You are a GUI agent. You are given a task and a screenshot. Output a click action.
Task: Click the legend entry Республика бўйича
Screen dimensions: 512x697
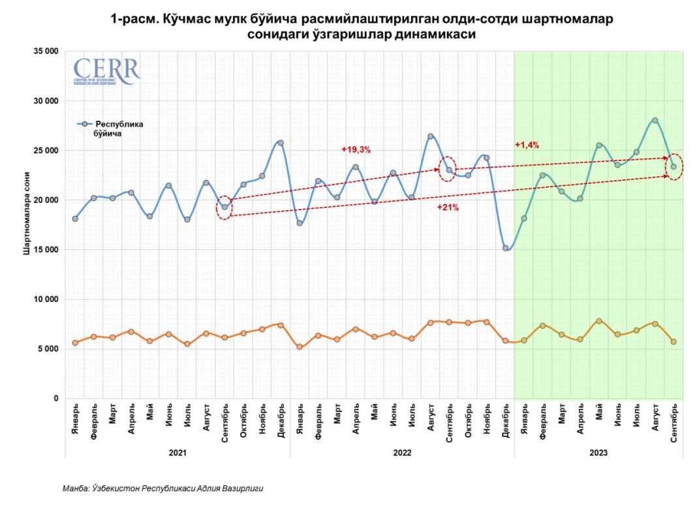[119, 128]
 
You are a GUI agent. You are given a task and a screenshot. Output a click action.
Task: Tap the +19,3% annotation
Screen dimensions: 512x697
[356, 149]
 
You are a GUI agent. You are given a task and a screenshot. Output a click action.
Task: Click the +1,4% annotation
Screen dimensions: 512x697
[527, 145]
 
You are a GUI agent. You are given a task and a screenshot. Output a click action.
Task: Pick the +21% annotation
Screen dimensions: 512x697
[448, 207]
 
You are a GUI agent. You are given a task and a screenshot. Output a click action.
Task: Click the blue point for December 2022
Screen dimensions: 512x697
[506, 248]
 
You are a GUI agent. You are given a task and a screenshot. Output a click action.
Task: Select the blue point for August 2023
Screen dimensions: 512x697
[655, 120]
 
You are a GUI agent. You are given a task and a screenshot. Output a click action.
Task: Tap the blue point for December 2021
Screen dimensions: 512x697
[281, 143]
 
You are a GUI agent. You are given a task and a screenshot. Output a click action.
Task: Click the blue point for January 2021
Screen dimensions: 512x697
[75, 218]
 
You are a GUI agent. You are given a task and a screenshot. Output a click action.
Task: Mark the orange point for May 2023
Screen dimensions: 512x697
[598, 321]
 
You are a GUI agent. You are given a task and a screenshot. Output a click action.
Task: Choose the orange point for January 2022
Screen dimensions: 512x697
[300, 347]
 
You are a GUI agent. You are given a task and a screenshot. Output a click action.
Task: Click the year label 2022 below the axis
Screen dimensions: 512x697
[402, 451]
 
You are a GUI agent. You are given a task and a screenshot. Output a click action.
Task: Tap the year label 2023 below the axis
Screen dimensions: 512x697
[598, 451]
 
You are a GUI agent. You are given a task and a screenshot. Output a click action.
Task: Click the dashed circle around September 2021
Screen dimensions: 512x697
[224, 207]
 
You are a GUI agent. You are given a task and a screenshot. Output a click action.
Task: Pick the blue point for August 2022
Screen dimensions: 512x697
[431, 136]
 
